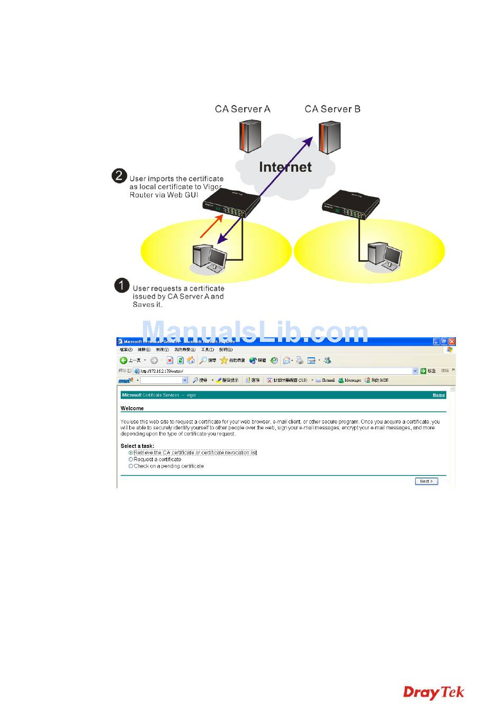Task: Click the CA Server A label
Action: [242, 109]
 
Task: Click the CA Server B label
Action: [333, 109]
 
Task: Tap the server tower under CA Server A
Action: [250, 137]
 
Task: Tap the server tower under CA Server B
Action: [329, 138]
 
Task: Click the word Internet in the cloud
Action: [285, 168]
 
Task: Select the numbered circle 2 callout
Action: [120, 176]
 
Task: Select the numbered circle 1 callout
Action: [122, 286]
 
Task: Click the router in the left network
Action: [230, 204]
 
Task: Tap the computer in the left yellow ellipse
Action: [209, 257]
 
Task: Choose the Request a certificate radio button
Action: [131, 460]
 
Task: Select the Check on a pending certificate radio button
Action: [131, 467]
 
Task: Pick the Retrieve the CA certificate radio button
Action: [131, 453]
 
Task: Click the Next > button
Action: [426, 481]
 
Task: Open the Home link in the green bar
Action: [438, 395]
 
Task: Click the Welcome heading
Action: [132, 408]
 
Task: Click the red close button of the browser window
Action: [452, 342]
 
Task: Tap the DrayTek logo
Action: [434, 692]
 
